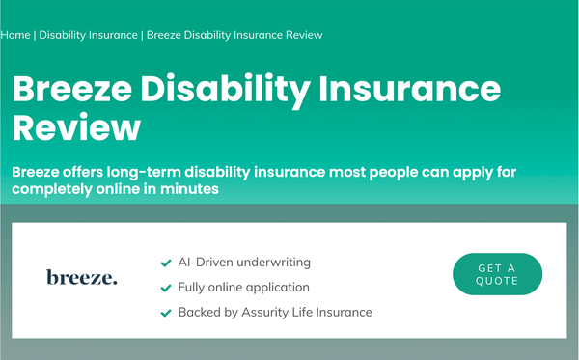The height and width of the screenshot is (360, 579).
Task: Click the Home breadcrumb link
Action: pos(15,35)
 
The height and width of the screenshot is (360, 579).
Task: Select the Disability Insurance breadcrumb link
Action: pos(88,35)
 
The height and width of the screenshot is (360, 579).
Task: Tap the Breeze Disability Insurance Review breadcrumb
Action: pos(234,35)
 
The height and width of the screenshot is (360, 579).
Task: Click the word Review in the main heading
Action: pos(76,127)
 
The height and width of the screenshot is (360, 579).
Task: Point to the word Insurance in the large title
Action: pos(409,89)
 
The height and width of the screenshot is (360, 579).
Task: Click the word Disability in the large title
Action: pos(225,91)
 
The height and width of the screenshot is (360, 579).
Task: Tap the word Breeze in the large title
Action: pos(72,89)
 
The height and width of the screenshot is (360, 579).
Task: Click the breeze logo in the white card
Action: pos(82,277)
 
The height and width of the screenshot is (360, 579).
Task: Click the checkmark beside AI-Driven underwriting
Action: pos(166,263)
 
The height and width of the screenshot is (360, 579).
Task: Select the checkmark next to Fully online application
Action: pos(166,288)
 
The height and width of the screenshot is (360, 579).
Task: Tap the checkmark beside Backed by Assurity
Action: pos(166,313)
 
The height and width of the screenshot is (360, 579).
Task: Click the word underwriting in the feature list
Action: pos(274,263)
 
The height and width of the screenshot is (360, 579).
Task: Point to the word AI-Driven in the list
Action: pos(206,263)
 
